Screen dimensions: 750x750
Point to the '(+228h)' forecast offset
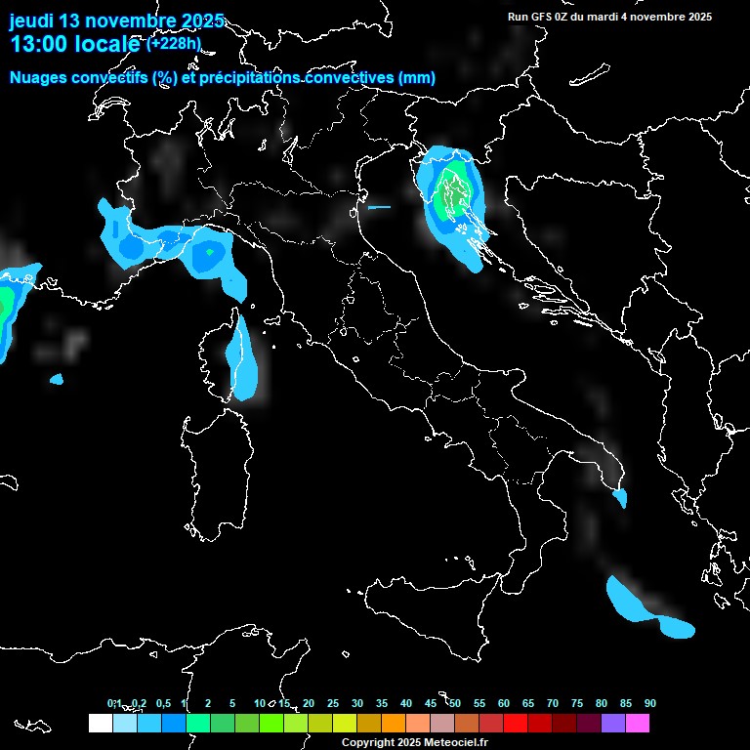(x=173, y=43)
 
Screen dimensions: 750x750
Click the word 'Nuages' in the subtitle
(x=38, y=77)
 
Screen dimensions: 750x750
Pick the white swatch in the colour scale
(x=100, y=723)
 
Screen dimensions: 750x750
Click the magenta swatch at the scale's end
(x=638, y=723)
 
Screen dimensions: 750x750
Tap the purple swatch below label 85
(x=613, y=723)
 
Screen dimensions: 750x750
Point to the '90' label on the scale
(x=650, y=703)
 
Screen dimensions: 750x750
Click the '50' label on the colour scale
(x=455, y=703)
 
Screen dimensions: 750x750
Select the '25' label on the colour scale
(x=333, y=703)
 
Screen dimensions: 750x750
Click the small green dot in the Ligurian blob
(x=209, y=252)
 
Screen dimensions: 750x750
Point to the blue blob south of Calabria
(x=645, y=610)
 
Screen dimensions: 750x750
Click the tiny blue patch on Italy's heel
(x=619, y=498)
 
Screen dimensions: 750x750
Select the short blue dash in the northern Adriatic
(x=379, y=207)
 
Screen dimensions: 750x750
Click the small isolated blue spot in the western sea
(x=56, y=379)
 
